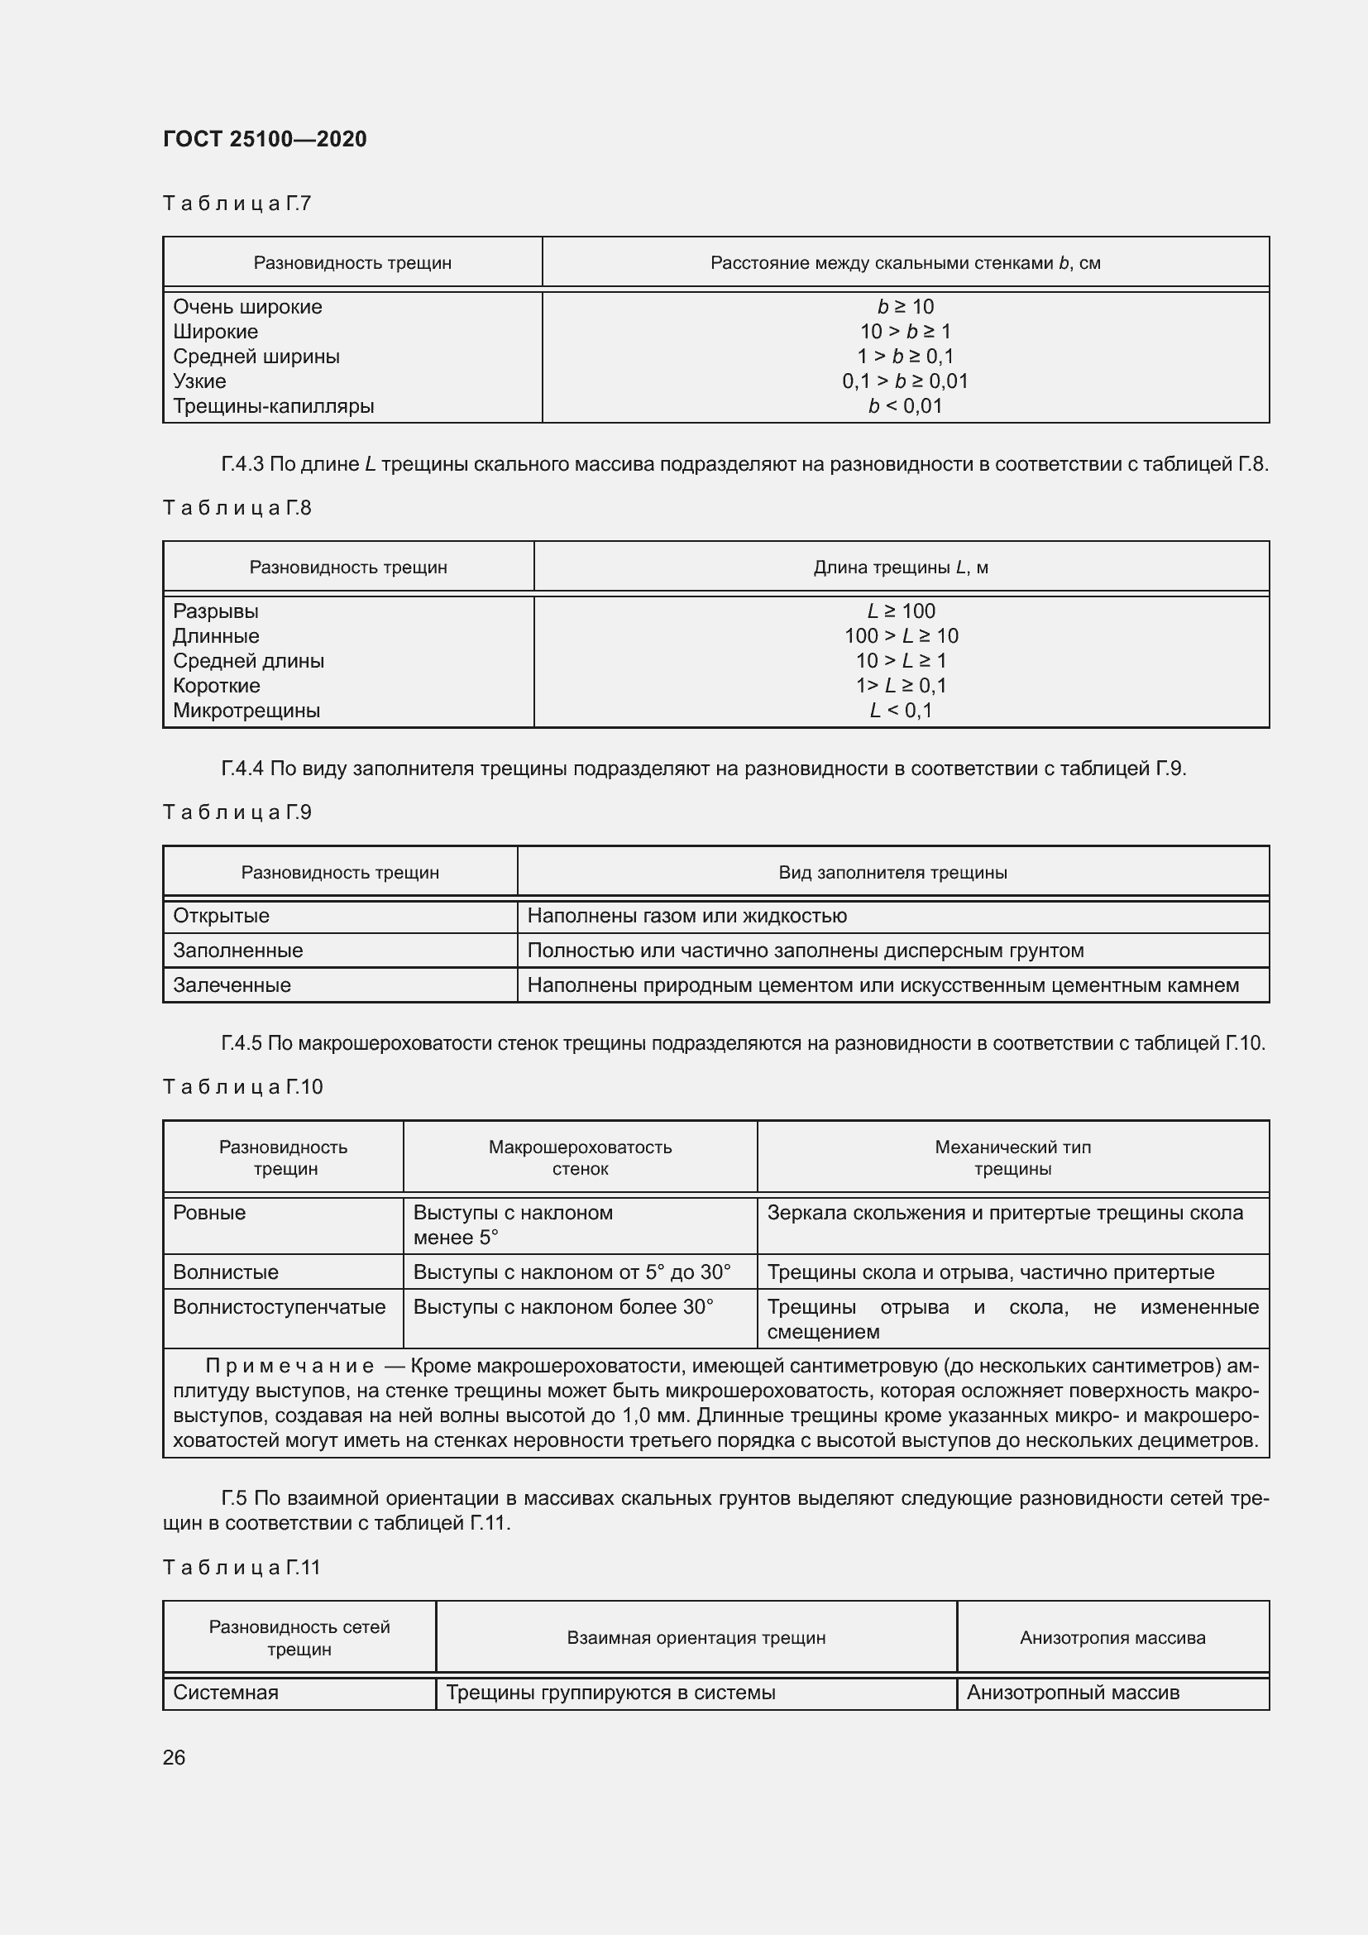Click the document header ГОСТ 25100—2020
pos(265,139)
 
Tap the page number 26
pos(174,1757)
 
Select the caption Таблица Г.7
pos(237,204)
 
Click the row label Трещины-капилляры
pos(273,406)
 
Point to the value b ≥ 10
pos(905,307)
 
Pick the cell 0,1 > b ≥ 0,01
pos(905,381)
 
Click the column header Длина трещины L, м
pos(901,568)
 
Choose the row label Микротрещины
pos(246,711)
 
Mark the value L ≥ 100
pos(901,611)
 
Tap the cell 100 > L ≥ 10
pos(901,636)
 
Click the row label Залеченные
pos(232,985)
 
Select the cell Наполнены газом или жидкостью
pos(686,916)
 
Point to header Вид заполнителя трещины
pos(892,872)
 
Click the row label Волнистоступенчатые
pos(279,1307)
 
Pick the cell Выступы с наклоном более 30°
pos(562,1307)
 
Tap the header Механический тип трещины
pos(1012,1158)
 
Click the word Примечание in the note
pos(289,1366)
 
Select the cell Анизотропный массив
pos(1073,1693)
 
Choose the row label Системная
pos(225,1693)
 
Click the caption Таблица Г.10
pos(242,1086)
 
